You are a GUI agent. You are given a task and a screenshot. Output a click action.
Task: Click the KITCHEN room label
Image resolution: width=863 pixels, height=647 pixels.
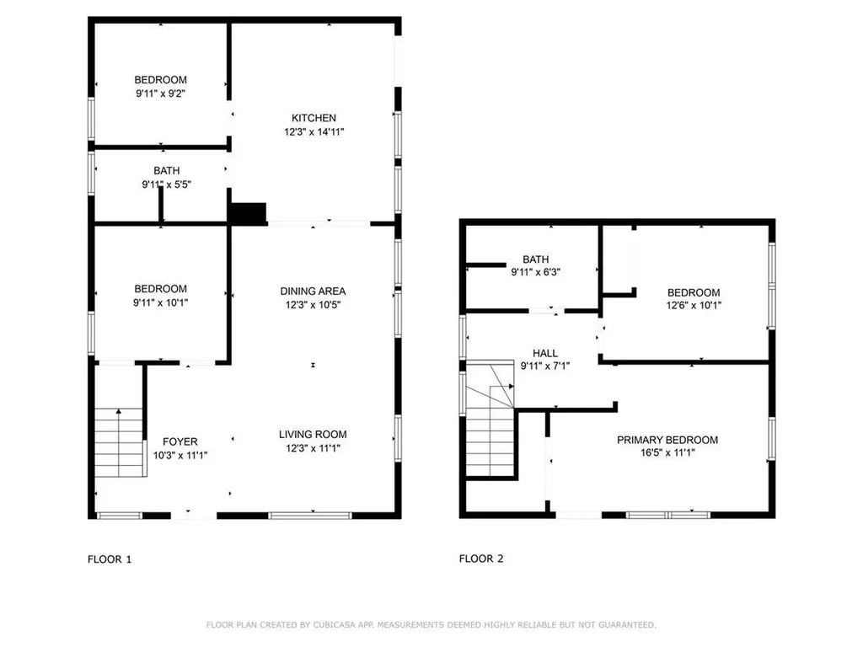pos(314,118)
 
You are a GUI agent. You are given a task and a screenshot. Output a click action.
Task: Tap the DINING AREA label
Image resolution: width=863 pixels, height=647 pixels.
pos(313,291)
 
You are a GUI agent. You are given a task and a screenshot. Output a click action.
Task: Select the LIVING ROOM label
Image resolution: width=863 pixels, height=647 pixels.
pos(313,435)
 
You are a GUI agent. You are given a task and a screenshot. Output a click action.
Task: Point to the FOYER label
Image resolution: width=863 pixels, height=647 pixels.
pos(180,441)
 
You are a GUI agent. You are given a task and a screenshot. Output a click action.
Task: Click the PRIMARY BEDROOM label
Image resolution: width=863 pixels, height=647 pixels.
pos(667,440)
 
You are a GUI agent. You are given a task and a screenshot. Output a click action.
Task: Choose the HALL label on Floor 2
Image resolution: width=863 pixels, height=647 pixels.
pos(545,353)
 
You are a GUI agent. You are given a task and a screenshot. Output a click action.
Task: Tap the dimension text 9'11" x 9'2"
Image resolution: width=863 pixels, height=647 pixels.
pos(160,94)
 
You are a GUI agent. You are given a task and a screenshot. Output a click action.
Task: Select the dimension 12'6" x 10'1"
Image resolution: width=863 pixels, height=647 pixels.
pos(695,306)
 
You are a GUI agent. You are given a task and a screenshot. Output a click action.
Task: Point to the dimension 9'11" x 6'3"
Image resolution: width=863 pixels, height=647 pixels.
pos(535,273)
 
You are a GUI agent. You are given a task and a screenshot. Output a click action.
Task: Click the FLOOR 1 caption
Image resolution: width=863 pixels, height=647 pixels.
pos(110,559)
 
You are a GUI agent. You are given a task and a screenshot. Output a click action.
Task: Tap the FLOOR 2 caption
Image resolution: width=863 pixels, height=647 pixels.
pos(481,559)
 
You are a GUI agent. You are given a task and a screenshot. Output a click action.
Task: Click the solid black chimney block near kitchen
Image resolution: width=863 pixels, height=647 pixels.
pos(249,213)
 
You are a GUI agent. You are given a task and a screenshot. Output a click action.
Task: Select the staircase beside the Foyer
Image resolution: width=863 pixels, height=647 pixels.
pos(119,441)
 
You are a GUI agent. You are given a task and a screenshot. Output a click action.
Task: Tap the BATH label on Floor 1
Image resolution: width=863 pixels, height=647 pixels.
pos(166,171)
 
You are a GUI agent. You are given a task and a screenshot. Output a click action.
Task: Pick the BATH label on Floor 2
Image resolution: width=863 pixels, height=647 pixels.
pos(535,259)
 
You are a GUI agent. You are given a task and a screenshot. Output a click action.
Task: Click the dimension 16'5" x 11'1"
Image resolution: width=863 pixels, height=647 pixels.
pos(667,452)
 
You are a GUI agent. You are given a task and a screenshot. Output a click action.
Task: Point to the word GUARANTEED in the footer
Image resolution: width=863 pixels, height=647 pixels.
pos(627,625)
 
